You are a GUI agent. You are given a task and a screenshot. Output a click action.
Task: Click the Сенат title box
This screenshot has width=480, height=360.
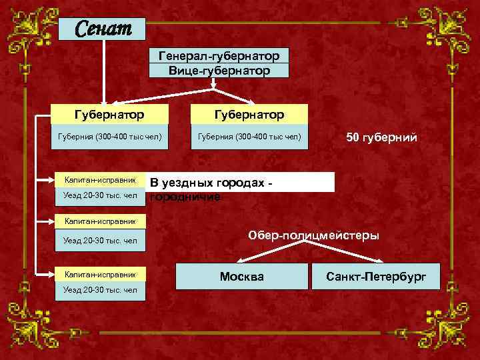101,29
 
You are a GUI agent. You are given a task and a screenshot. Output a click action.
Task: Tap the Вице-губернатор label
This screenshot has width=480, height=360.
219,71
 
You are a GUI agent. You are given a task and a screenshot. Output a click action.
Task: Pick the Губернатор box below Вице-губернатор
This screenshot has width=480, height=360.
248,115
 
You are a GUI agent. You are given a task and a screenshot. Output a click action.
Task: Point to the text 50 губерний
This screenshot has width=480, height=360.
381,138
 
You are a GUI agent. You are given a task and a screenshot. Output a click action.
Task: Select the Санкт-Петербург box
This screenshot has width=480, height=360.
376,276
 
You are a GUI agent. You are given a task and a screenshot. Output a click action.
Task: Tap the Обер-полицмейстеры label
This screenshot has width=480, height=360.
314,235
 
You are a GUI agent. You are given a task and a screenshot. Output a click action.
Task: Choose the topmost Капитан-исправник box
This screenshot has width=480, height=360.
99,180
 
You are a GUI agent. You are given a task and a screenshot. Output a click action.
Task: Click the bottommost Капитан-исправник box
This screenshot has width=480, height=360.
99,274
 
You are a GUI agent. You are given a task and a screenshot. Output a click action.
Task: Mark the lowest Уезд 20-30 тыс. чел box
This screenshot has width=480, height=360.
99,290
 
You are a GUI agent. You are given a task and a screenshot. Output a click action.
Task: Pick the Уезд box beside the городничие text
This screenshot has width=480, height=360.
99,195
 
